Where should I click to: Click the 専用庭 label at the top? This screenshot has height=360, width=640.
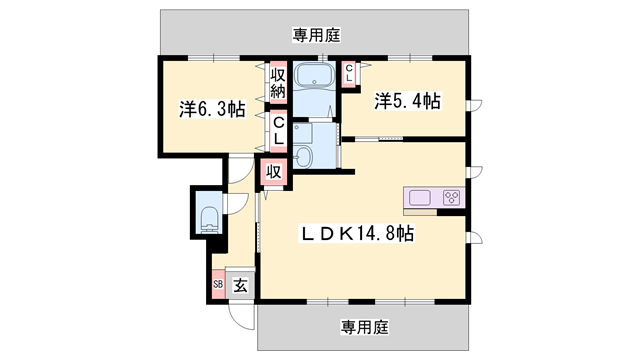point(317,35)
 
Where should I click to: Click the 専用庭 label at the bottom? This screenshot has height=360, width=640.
point(363,327)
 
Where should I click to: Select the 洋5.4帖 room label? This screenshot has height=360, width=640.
point(408,101)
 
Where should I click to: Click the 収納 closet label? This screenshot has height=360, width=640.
point(278,85)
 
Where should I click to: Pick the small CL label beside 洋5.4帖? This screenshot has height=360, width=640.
point(350,73)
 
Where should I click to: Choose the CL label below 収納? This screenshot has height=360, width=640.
point(280,131)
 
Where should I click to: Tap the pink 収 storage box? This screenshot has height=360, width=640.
point(273,171)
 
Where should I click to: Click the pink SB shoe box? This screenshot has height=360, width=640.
point(218,284)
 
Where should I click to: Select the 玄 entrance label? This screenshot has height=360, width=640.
point(241,284)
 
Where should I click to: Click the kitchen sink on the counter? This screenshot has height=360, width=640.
point(418,196)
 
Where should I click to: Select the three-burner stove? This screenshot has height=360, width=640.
point(450,196)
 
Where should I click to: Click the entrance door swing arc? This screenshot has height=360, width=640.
point(240,312)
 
